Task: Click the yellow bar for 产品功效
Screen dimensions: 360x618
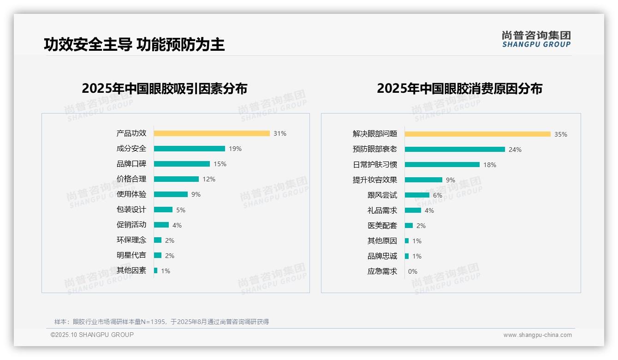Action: click(x=212, y=133)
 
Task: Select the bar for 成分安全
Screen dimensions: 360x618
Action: click(x=190, y=149)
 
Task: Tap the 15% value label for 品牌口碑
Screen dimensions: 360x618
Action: click(x=220, y=164)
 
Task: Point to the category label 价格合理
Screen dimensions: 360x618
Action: click(x=131, y=179)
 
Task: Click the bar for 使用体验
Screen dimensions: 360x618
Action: click(x=171, y=194)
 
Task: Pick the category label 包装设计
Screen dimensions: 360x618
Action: click(x=131, y=210)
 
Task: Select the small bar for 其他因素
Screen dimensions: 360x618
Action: click(x=156, y=270)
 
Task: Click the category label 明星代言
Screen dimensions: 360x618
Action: click(x=131, y=255)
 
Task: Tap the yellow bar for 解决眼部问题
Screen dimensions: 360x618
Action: click(x=478, y=134)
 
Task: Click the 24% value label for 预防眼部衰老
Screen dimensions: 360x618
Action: click(x=515, y=150)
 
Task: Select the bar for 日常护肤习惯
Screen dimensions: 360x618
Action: click(x=442, y=165)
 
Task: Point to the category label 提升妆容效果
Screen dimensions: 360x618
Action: click(x=375, y=180)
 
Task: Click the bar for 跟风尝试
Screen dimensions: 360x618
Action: click(x=417, y=195)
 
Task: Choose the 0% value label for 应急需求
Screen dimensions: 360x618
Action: click(x=413, y=271)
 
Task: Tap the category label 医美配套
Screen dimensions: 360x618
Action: click(x=382, y=226)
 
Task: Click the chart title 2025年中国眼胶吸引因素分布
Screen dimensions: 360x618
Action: click(x=165, y=89)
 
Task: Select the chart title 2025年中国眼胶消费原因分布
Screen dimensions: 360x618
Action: click(x=459, y=89)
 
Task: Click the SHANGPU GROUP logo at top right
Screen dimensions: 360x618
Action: click(x=536, y=39)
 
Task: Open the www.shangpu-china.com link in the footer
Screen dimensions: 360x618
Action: click(x=537, y=335)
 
